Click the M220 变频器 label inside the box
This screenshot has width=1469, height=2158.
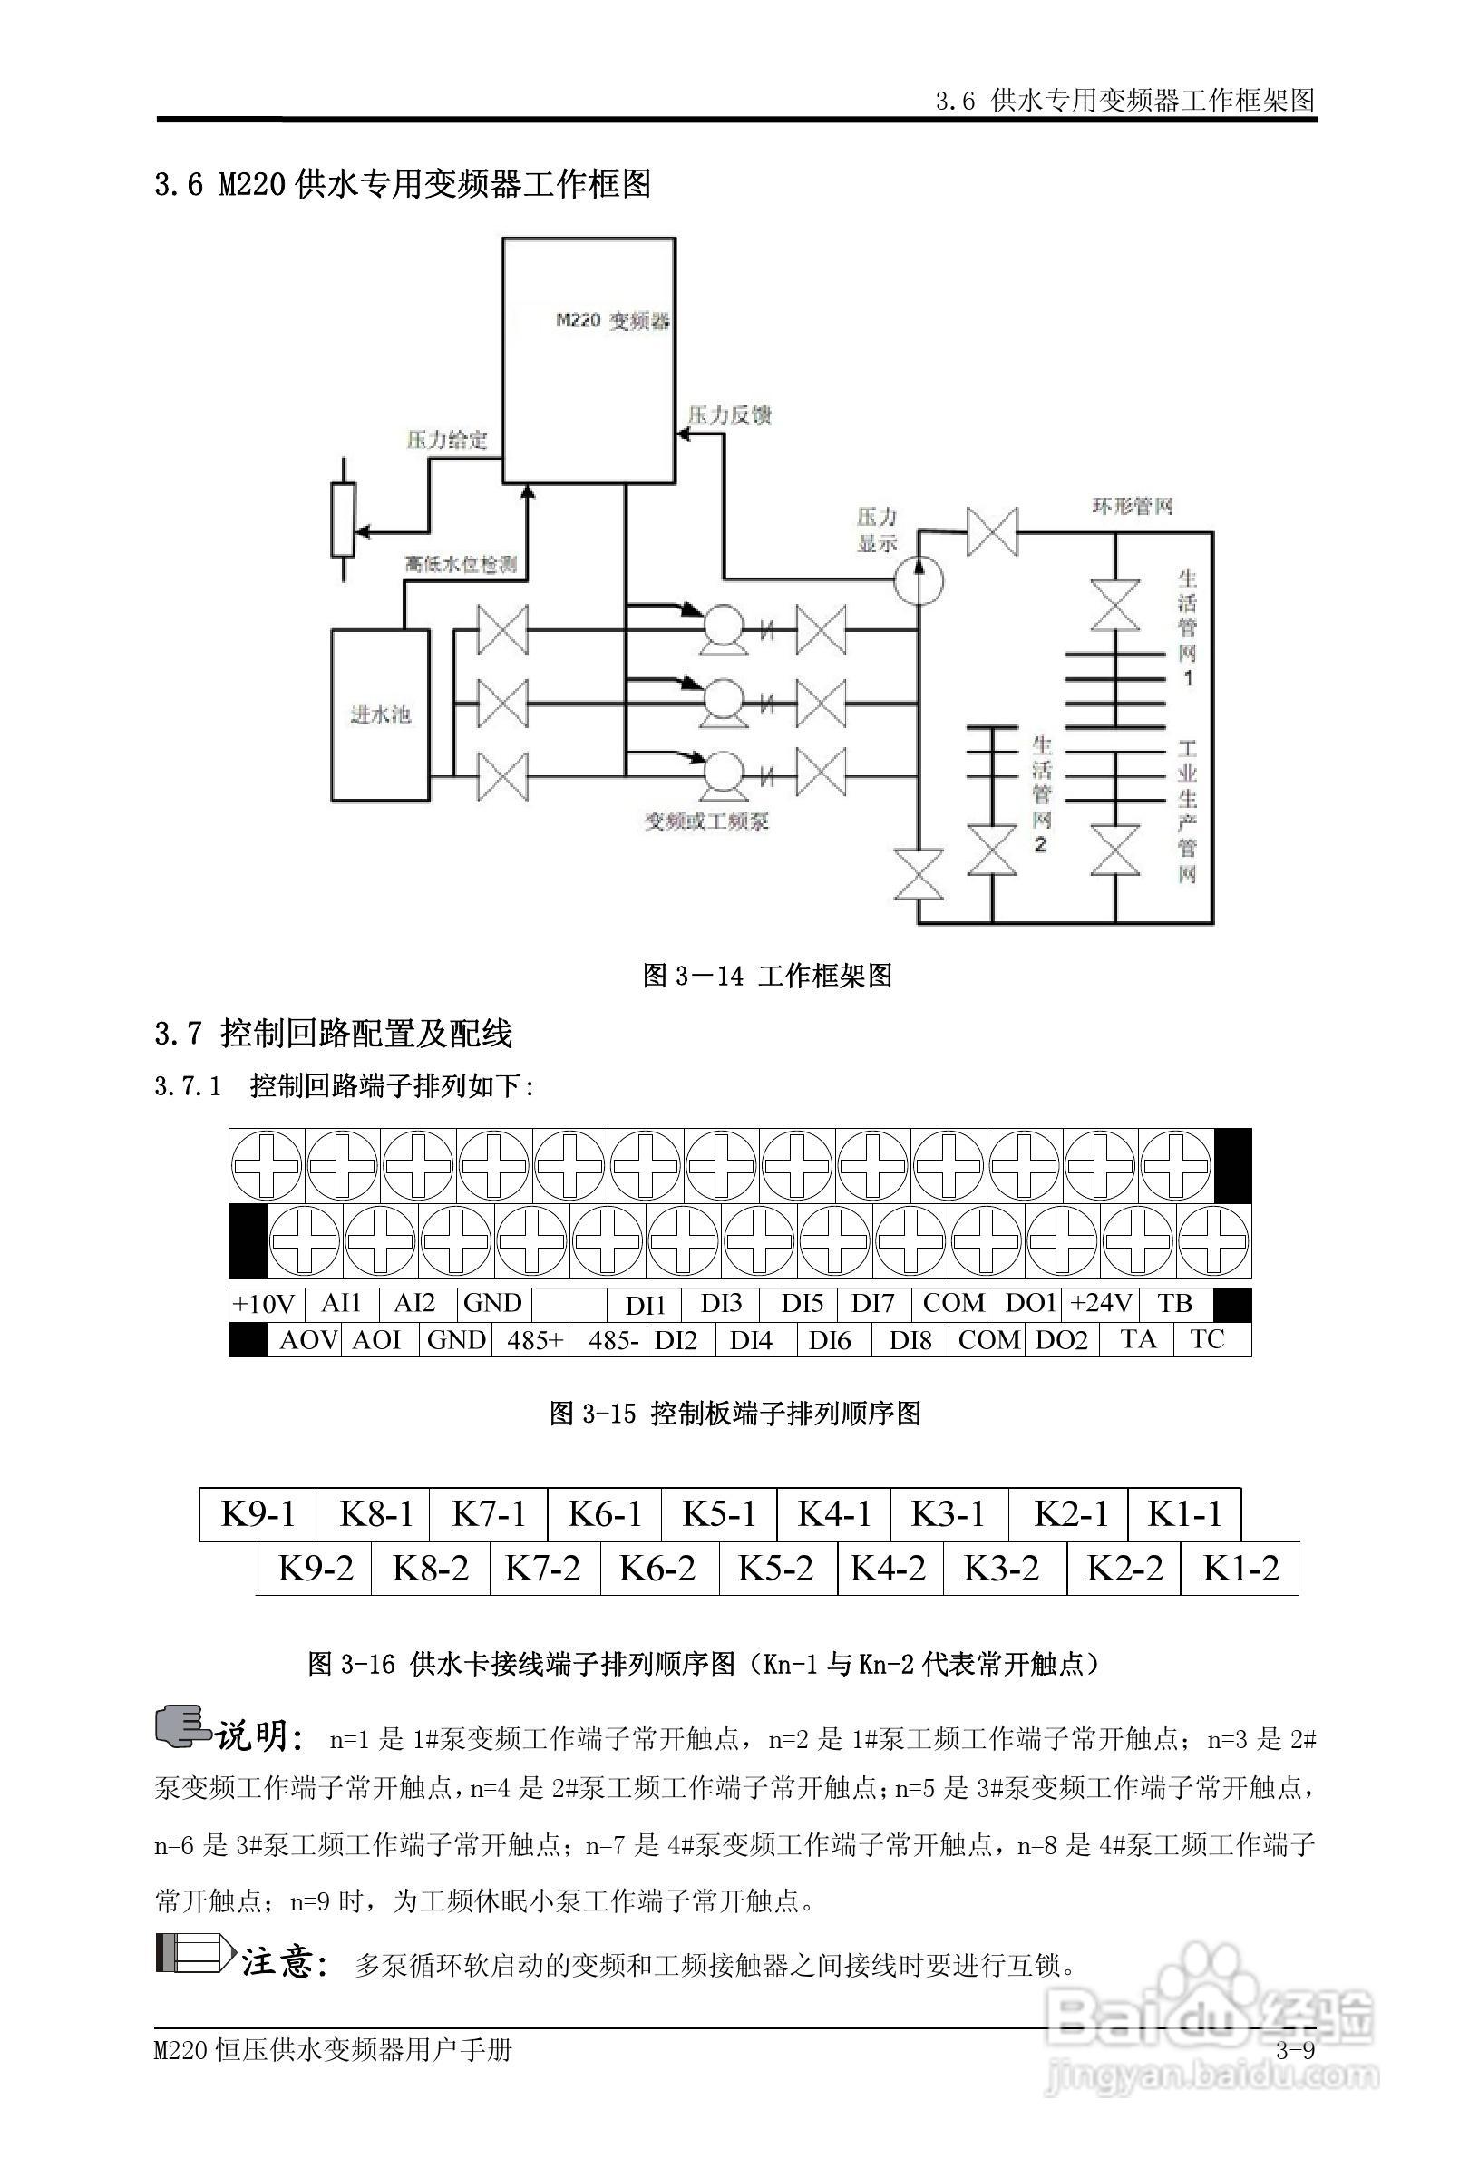613,321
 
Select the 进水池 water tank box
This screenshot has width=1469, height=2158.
381,714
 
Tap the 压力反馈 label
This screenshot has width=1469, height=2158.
729,415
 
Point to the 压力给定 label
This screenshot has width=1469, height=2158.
447,439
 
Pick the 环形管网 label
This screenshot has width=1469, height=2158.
1132,506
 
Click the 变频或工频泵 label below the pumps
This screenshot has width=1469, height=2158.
706,821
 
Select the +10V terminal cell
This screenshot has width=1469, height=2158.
264,1304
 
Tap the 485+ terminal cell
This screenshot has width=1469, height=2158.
533,1340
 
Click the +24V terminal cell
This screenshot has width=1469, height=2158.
1100,1304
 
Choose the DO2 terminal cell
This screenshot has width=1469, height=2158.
1061,1340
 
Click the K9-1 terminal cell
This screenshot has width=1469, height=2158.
258,1514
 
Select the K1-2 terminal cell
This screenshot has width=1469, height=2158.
1240,1569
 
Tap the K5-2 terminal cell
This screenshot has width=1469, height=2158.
775,1569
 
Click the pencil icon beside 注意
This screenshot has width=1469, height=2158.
194,1953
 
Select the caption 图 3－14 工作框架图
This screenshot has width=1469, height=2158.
767,976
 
